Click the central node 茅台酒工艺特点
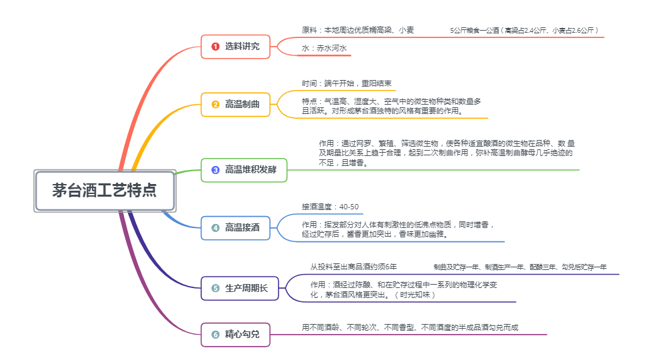click(x=105, y=191)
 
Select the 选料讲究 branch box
click(x=235, y=47)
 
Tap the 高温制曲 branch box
click(x=235, y=105)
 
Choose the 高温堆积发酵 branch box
click(x=244, y=170)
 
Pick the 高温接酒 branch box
click(x=235, y=228)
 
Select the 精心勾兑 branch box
click(x=235, y=335)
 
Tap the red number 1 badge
click(x=215, y=47)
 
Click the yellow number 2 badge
click(x=215, y=105)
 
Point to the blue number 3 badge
click(x=215, y=170)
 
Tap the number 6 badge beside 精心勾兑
click(x=215, y=335)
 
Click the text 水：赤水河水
click(x=324, y=49)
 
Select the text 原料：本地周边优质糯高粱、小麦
click(x=358, y=30)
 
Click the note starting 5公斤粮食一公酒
click(x=525, y=30)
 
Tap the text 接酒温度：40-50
click(x=330, y=207)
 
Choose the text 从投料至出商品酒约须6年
click(x=353, y=267)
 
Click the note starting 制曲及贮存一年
click(x=520, y=267)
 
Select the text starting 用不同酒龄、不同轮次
click(x=410, y=327)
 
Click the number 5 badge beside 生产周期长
click(x=215, y=288)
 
